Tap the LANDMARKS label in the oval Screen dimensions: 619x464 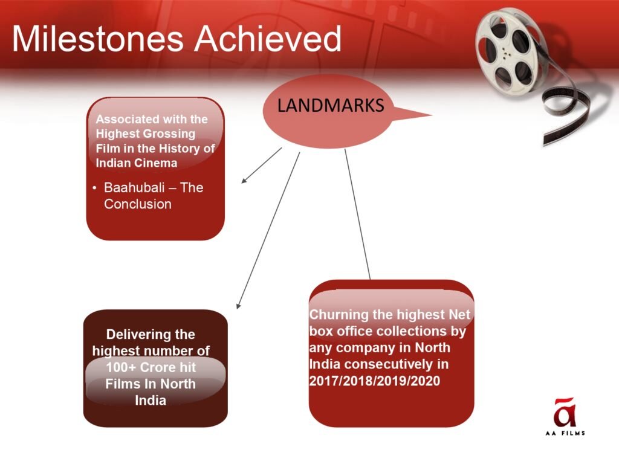point(331,105)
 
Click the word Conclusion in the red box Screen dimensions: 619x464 point(138,204)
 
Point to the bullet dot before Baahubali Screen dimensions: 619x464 point(94,188)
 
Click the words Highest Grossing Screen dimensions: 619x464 point(145,134)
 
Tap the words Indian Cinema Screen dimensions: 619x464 point(136,163)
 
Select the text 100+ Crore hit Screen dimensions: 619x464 point(151,367)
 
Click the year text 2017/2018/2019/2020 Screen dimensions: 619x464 point(374,381)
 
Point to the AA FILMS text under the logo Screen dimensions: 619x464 point(565,433)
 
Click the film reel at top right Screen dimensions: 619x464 point(511,51)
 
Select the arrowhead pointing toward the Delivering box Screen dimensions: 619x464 point(238,305)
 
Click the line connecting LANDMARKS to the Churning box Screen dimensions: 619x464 point(358,214)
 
